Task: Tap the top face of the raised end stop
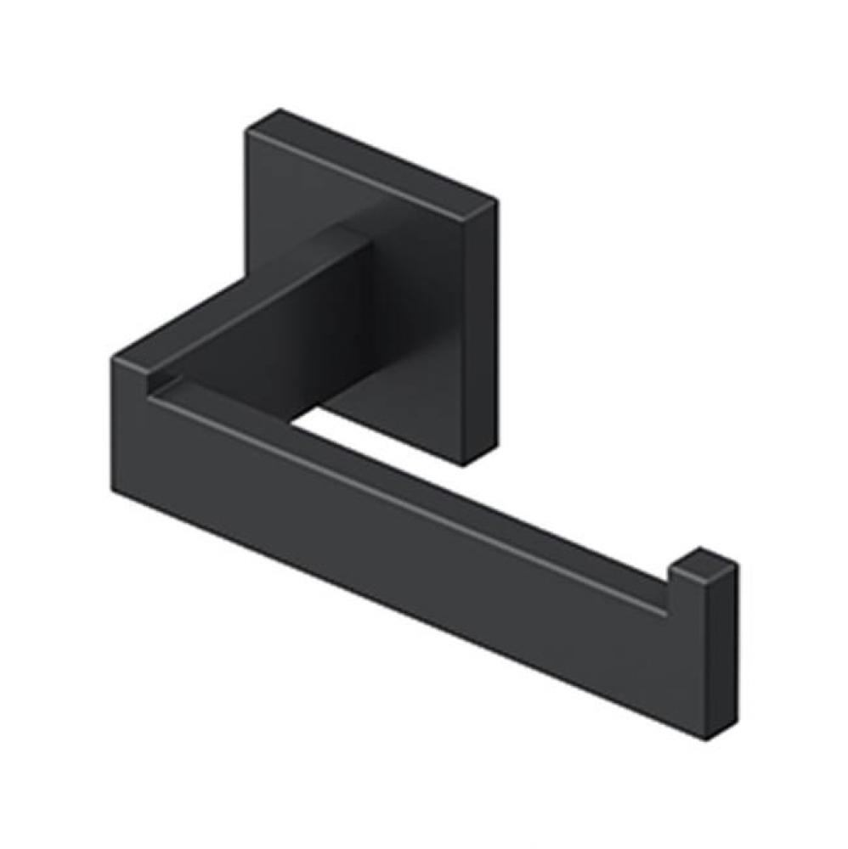pyautogui.click(x=704, y=560)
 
